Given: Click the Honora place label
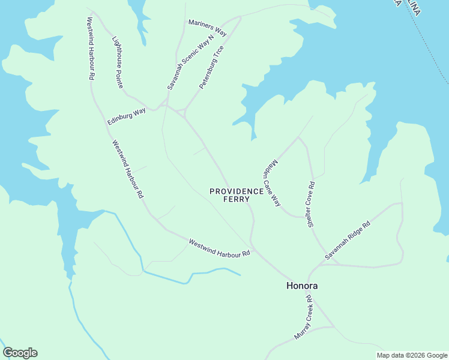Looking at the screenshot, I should point(301,286).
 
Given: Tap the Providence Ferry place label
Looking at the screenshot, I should point(237,195).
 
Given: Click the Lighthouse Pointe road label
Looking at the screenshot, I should point(118,62).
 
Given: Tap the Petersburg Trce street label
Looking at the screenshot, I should point(211,67).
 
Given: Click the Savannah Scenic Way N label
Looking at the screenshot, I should point(190,63).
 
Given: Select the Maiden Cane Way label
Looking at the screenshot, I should point(271,182).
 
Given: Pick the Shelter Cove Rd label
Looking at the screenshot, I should point(312,204).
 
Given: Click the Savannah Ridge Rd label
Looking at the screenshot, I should point(348,240).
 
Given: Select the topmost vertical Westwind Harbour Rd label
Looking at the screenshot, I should point(90,48).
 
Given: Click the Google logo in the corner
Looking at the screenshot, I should point(20,353).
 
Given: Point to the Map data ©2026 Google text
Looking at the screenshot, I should point(411,355).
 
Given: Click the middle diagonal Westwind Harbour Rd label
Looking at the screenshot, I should point(127,169).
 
